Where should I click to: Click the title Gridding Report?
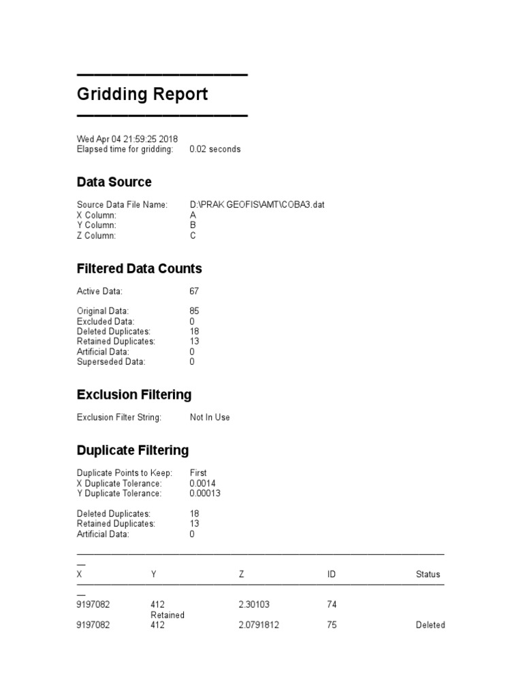pyautogui.click(x=142, y=94)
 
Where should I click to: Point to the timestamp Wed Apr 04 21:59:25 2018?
pyautogui.click(x=127, y=139)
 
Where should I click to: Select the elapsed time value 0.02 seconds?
pyautogui.click(x=215, y=149)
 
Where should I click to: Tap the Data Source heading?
pyautogui.click(x=114, y=182)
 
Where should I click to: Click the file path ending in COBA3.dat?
pyautogui.click(x=257, y=205)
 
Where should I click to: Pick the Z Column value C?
pyautogui.click(x=193, y=236)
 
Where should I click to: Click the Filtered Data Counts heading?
pyautogui.click(x=139, y=269)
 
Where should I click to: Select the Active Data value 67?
pyautogui.click(x=194, y=291)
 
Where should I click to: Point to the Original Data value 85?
pyautogui.click(x=194, y=311)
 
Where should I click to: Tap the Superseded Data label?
pyautogui.click(x=110, y=362)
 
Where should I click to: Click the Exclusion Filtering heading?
pyautogui.click(x=134, y=395)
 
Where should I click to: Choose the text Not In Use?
pyautogui.click(x=210, y=417)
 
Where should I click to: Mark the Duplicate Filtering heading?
pyautogui.click(x=133, y=451)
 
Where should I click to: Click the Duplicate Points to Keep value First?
pyautogui.click(x=198, y=472)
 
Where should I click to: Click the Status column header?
pyautogui.click(x=428, y=574)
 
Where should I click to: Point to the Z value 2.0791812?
pyautogui.click(x=261, y=625)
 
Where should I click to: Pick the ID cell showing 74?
pyautogui.click(x=332, y=604)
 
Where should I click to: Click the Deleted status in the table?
pyautogui.click(x=430, y=625)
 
